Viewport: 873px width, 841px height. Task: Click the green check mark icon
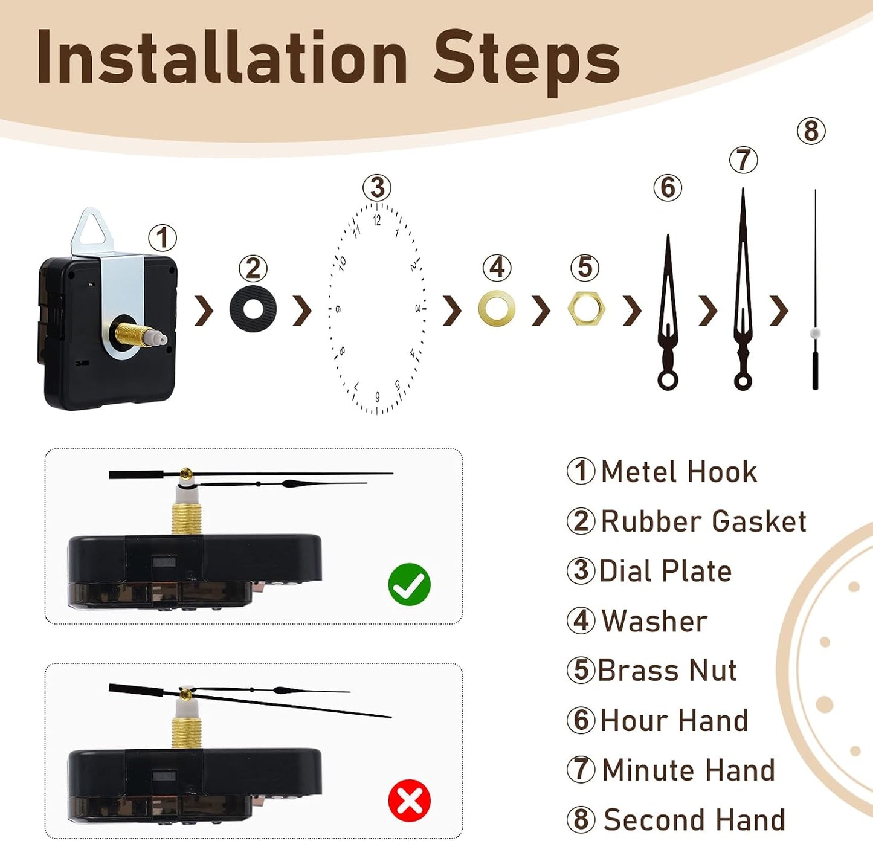(409, 584)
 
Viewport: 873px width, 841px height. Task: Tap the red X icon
(409, 801)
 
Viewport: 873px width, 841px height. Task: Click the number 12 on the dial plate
(376, 221)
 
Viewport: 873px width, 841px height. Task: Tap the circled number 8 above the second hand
(811, 132)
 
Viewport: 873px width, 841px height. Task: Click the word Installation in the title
(222, 57)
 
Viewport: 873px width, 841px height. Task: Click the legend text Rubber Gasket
(703, 521)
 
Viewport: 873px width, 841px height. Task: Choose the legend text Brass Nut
(667, 670)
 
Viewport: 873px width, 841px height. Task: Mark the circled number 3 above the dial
(377, 187)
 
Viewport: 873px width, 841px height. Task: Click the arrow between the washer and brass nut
(541, 310)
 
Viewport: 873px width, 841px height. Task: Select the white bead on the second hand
(815, 332)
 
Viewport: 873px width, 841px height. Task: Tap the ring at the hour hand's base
(668, 381)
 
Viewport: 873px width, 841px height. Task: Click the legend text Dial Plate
(666, 571)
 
